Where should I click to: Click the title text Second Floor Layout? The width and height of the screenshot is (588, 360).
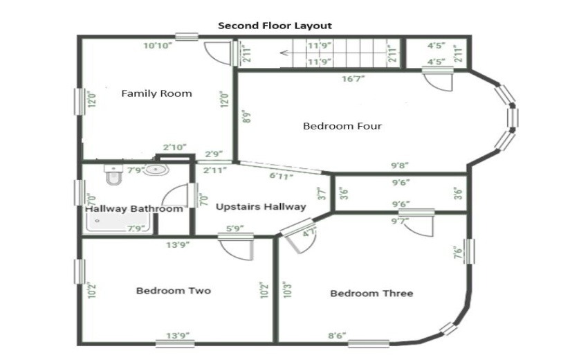[x=275, y=26]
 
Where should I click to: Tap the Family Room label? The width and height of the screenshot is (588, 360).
[x=156, y=93]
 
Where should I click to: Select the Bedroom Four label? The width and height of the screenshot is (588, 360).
[x=342, y=126]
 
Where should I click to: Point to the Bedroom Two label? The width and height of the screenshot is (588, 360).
[x=173, y=291]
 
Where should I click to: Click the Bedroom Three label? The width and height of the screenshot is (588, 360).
[x=371, y=294]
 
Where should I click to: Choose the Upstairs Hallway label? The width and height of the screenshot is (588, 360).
[x=260, y=206]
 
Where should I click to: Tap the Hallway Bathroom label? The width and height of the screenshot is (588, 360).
[x=134, y=208]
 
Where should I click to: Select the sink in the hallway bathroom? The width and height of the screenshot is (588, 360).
[x=157, y=170]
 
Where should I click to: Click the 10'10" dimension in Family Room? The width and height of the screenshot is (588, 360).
[x=158, y=46]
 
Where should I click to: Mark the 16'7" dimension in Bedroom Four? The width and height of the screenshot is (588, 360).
[x=353, y=79]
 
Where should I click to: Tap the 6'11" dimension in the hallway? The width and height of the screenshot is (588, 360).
[x=282, y=177]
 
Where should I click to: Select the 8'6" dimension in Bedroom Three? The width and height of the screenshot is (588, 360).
[x=337, y=336]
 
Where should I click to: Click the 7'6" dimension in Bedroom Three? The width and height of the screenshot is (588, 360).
[x=456, y=251]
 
